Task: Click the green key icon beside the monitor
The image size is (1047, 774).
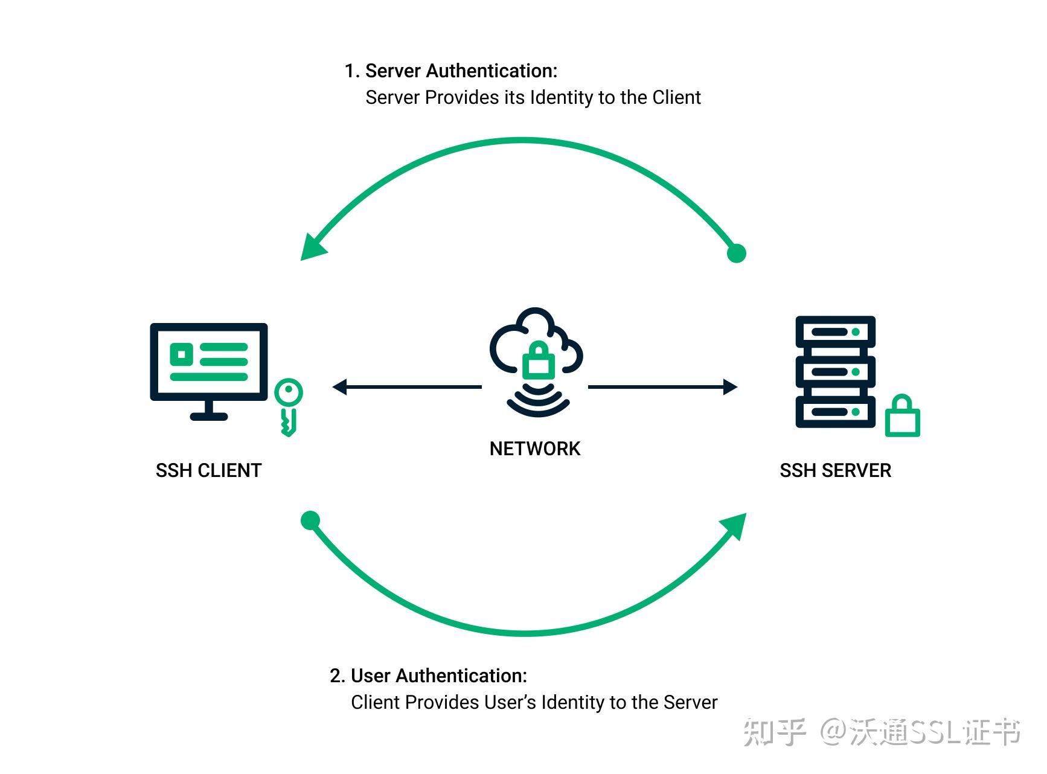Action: coord(288,406)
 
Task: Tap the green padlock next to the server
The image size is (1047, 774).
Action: coord(902,417)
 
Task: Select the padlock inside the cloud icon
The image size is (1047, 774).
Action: coord(537,360)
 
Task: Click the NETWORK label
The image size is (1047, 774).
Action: coord(534,449)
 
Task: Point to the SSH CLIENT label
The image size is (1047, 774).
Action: coord(208,470)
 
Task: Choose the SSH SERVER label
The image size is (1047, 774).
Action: coord(835,470)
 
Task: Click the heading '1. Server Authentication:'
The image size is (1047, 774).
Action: coord(450,71)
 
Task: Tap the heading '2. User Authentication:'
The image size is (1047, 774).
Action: coord(428,676)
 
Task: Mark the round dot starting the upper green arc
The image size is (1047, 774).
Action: coord(736,253)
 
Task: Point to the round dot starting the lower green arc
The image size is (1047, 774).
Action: coord(310,520)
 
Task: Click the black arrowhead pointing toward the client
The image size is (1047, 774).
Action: coord(340,387)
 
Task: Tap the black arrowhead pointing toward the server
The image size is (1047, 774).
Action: coord(730,387)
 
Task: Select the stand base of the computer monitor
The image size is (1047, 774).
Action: coord(208,416)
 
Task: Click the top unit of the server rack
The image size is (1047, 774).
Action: coord(835,332)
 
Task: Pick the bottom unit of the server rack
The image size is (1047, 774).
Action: coord(835,412)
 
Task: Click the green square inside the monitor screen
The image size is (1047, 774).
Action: coord(181,354)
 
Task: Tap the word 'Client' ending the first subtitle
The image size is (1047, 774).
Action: coord(676,97)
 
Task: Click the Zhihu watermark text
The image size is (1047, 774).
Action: coord(882,732)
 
